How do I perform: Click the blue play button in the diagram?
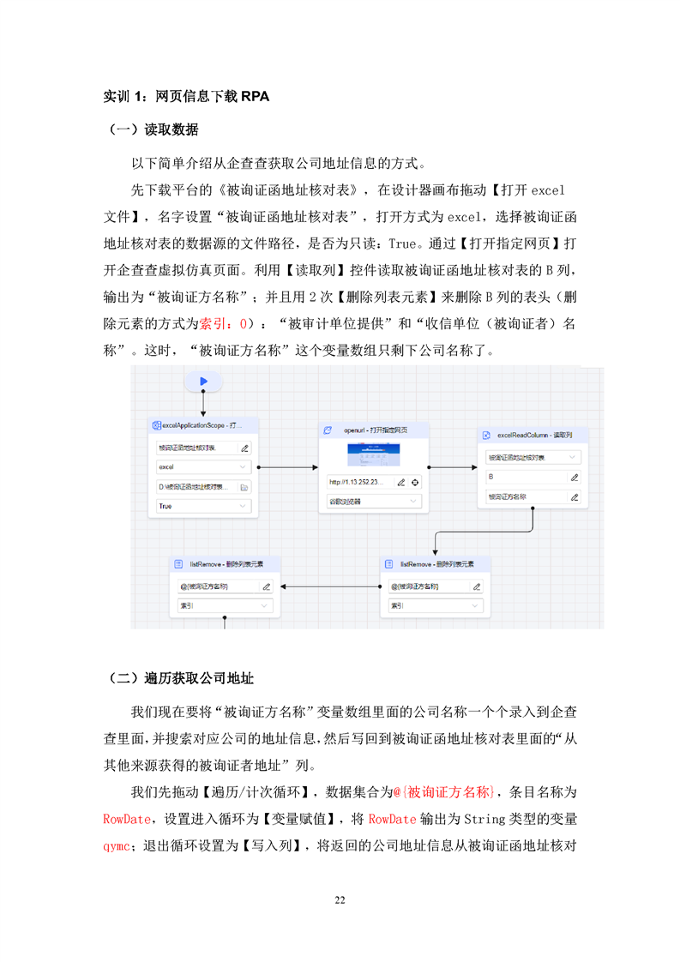(x=203, y=381)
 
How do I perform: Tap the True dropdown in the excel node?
(x=203, y=507)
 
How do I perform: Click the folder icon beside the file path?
(x=244, y=487)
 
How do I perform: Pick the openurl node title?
(x=374, y=430)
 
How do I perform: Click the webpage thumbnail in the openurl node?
(x=374, y=454)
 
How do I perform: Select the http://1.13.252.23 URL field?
(x=358, y=482)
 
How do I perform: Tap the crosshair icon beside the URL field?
(x=415, y=482)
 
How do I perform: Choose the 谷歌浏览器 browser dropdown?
(x=374, y=501)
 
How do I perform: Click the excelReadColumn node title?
(x=533, y=436)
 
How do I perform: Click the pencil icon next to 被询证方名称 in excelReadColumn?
(x=575, y=496)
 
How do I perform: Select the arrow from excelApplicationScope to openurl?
(x=287, y=468)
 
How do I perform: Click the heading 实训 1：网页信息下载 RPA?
(x=186, y=96)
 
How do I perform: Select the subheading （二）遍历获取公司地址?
(x=182, y=678)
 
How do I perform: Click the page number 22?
(x=340, y=899)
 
